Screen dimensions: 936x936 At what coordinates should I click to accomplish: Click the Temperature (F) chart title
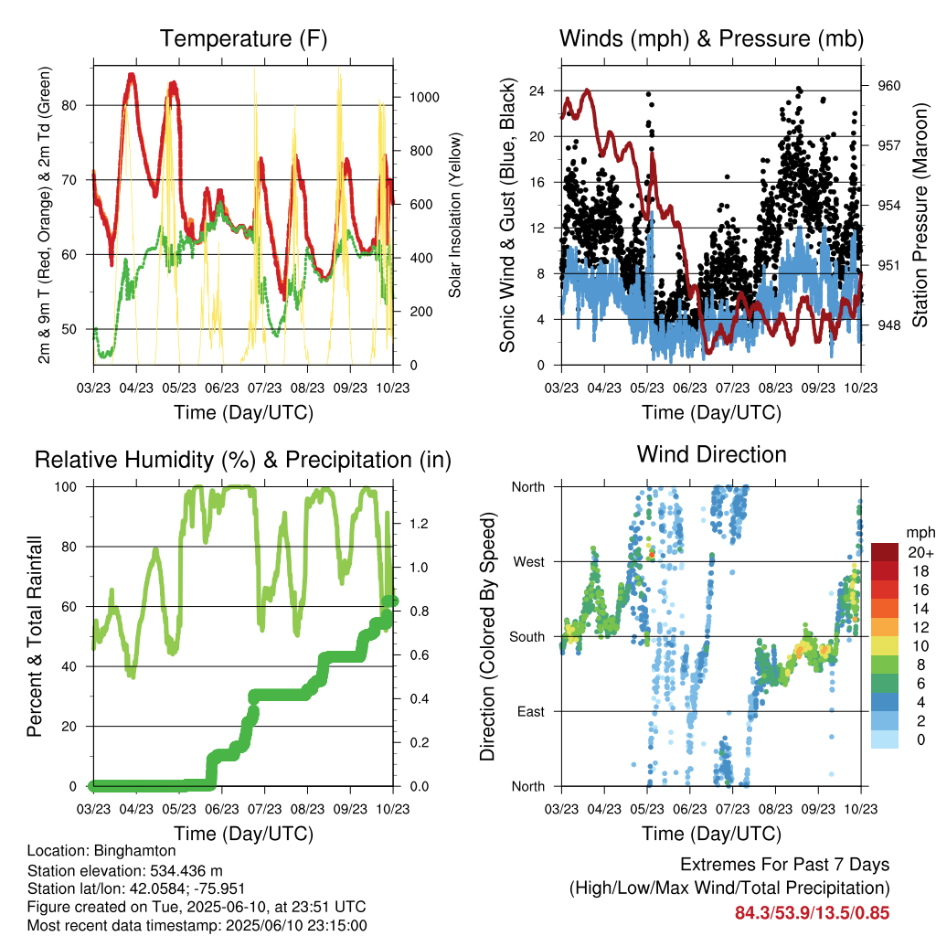[x=243, y=38]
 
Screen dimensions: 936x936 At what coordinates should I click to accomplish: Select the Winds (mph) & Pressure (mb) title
[x=711, y=38]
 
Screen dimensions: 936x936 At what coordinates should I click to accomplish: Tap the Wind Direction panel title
[x=711, y=454]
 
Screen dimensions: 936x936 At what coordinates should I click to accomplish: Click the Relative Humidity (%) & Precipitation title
[x=243, y=461]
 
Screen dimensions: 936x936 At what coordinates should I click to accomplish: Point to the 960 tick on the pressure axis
[x=888, y=86]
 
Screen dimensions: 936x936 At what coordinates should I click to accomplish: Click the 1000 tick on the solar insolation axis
[x=424, y=97]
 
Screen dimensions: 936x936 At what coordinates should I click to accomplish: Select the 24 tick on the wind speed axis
[x=537, y=90]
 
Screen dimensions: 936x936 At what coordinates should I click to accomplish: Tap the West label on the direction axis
[x=529, y=562]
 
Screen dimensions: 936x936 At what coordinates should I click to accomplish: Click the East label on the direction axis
[x=531, y=711]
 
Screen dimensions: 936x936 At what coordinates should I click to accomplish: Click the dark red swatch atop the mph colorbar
[x=885, y=552]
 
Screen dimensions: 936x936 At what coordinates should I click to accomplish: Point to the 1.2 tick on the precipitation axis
[x=419, y=524]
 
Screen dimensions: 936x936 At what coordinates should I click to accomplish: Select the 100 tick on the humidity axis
[x=66, y=487]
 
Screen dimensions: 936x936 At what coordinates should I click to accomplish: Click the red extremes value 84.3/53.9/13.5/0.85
[x=812, y=913]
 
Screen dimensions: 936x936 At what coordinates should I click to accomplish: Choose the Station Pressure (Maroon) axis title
[x=920, y=215]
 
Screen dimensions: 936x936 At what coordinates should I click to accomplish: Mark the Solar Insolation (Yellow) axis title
[x=455, y=215]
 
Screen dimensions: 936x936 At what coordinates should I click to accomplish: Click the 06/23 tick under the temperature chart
[x=222, y=388]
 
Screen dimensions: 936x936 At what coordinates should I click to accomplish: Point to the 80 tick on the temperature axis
[x=69, y=106]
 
